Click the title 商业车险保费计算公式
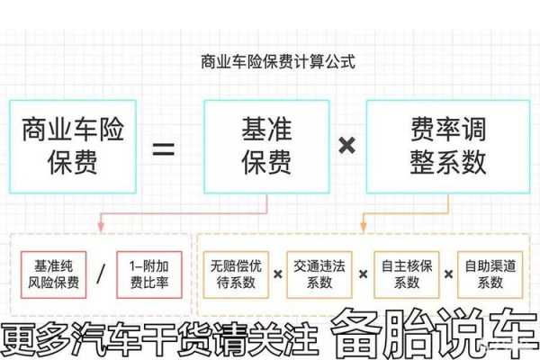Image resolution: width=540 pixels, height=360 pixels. coord(277,62)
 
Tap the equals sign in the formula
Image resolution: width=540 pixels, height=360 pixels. coord(164,148)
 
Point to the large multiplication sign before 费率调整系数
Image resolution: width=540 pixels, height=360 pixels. coord(347,145)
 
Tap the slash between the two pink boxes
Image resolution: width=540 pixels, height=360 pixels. coord(101,274)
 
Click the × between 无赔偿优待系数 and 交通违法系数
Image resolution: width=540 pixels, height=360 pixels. coord(277,274)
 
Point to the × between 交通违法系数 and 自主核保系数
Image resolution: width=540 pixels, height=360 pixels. coord(363,274)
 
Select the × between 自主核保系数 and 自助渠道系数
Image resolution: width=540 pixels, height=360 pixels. coord(448,274)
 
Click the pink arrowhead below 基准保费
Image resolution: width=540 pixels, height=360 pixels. coord(101,227)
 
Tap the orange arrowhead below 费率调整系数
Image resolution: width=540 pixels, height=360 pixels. coord(363,227)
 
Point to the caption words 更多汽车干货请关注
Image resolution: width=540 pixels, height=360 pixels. coord(159,338)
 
